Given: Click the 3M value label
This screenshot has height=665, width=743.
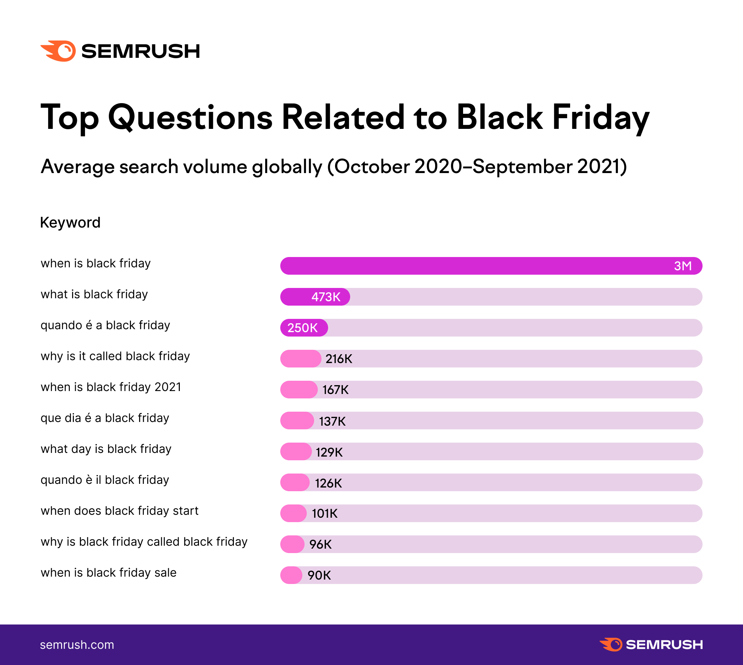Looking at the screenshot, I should tap(683, 266).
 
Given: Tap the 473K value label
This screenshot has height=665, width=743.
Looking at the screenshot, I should tap(326, 297).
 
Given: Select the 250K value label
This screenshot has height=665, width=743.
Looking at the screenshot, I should tap(302, 328).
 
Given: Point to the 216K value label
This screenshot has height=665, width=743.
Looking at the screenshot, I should tap(339, 359).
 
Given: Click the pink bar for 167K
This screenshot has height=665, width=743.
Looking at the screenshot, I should tap(299, 390).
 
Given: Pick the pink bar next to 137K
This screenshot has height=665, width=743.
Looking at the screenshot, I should tap(297, 421).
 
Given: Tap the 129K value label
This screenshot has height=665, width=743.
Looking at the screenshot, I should tap(329, 452).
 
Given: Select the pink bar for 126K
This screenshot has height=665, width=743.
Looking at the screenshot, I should tap(295, 482).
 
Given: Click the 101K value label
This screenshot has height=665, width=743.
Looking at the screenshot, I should tap(324, 513).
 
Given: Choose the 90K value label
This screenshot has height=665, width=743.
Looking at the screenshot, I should tap(319, 575).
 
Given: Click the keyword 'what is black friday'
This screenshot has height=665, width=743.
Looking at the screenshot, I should tap(94, 294).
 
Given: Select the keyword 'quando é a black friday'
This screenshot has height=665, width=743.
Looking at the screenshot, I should tap(105, 325).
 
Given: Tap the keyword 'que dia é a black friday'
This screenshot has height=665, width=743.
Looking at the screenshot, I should tap(105, 418).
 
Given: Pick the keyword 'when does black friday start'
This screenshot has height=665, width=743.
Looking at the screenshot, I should tap(120, 511).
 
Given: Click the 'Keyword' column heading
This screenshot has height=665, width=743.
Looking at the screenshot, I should tap(70, 222).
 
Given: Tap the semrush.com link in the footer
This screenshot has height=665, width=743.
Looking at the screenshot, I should tap(77, 645).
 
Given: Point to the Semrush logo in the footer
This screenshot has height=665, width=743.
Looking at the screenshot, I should tap(651, 645).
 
